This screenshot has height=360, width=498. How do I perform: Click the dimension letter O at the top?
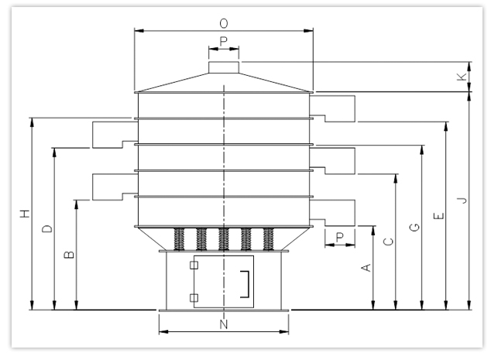click(224, 22)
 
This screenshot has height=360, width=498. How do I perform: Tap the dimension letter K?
click(462, 77)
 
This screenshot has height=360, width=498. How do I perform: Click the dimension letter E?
click(438, 216)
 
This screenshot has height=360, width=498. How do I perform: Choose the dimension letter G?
click(414, 227)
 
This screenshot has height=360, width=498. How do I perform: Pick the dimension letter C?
click(389, 242)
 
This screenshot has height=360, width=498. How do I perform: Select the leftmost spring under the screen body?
click(180, 238)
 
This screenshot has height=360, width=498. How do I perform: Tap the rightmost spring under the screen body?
click(269, 238)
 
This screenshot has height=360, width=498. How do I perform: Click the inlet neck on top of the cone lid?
click(224, 68)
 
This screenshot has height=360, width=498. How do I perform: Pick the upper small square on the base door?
click(194, 266)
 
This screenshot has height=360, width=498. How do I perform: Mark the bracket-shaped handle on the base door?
click(246, 283)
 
